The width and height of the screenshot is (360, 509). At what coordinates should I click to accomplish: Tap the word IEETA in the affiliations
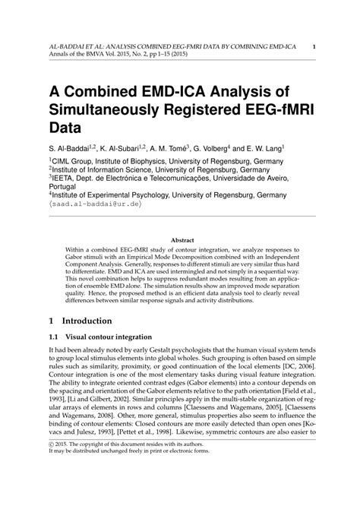tap(68, 173)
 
